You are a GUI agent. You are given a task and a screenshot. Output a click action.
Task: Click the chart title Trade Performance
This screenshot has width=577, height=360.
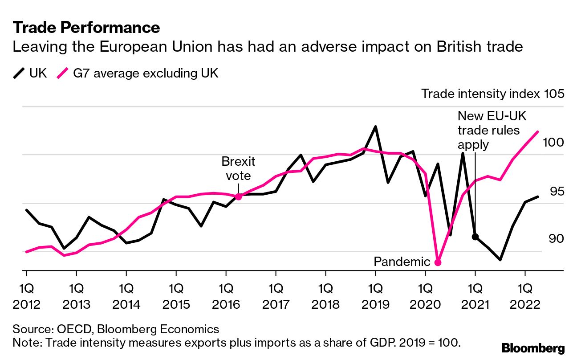(86, 28)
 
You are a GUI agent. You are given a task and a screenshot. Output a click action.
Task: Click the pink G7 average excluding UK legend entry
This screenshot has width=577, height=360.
(138, 73)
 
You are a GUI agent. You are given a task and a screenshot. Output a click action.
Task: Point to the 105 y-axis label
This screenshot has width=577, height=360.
(554, 94)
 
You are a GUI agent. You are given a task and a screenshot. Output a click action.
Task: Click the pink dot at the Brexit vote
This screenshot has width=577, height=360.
(238, 196)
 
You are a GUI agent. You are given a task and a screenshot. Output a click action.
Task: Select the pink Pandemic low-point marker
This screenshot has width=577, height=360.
(438, 262)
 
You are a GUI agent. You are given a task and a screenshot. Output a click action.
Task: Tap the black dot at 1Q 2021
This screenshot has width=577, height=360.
(475, 237)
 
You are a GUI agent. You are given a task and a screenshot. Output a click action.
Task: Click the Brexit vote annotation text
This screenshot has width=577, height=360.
(238, 168)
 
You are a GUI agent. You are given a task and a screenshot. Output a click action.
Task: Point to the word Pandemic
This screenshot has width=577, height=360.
(402, 262)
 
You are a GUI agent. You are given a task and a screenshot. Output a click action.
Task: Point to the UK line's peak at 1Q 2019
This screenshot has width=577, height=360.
(375, 127)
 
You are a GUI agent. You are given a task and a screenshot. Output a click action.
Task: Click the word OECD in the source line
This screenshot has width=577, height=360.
(72, 329)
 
